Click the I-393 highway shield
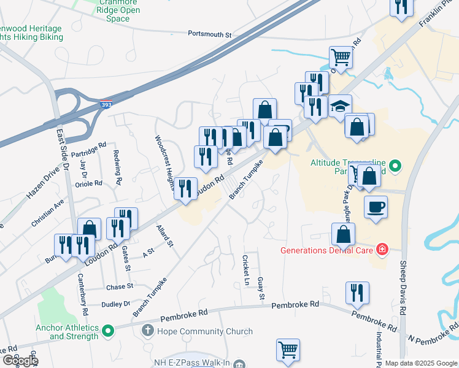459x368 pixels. [106, 105]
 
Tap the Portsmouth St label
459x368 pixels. [209, 34]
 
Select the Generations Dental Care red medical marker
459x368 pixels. [382, 249]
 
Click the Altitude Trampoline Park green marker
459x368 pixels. [396, 165]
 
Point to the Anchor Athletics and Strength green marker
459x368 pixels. [108, 332]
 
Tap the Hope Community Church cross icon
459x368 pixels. [147, 331]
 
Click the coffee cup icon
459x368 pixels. [376, 207]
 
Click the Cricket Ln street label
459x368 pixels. [246, 269]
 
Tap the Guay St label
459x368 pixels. [261, 289]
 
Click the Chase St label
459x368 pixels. [120, 286]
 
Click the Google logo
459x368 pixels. [20, 361]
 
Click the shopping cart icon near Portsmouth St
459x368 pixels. [341, 58]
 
